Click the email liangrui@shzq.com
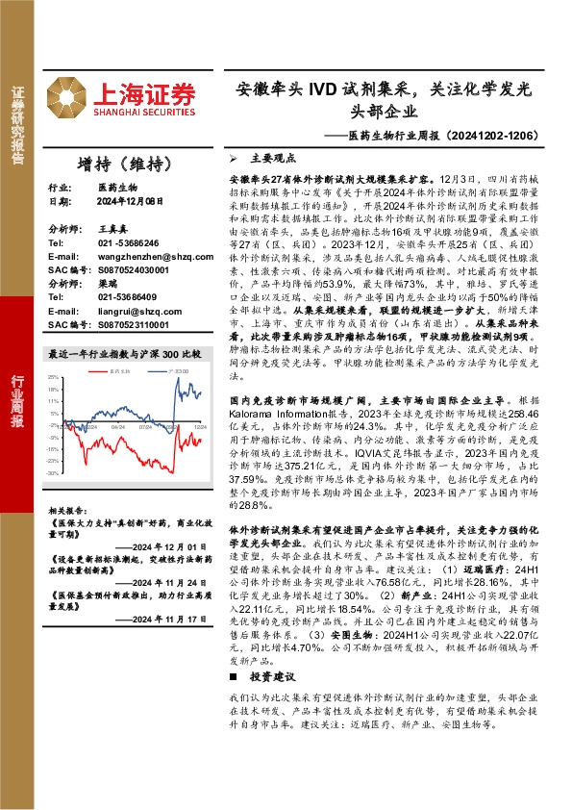[x=128, y=311]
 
